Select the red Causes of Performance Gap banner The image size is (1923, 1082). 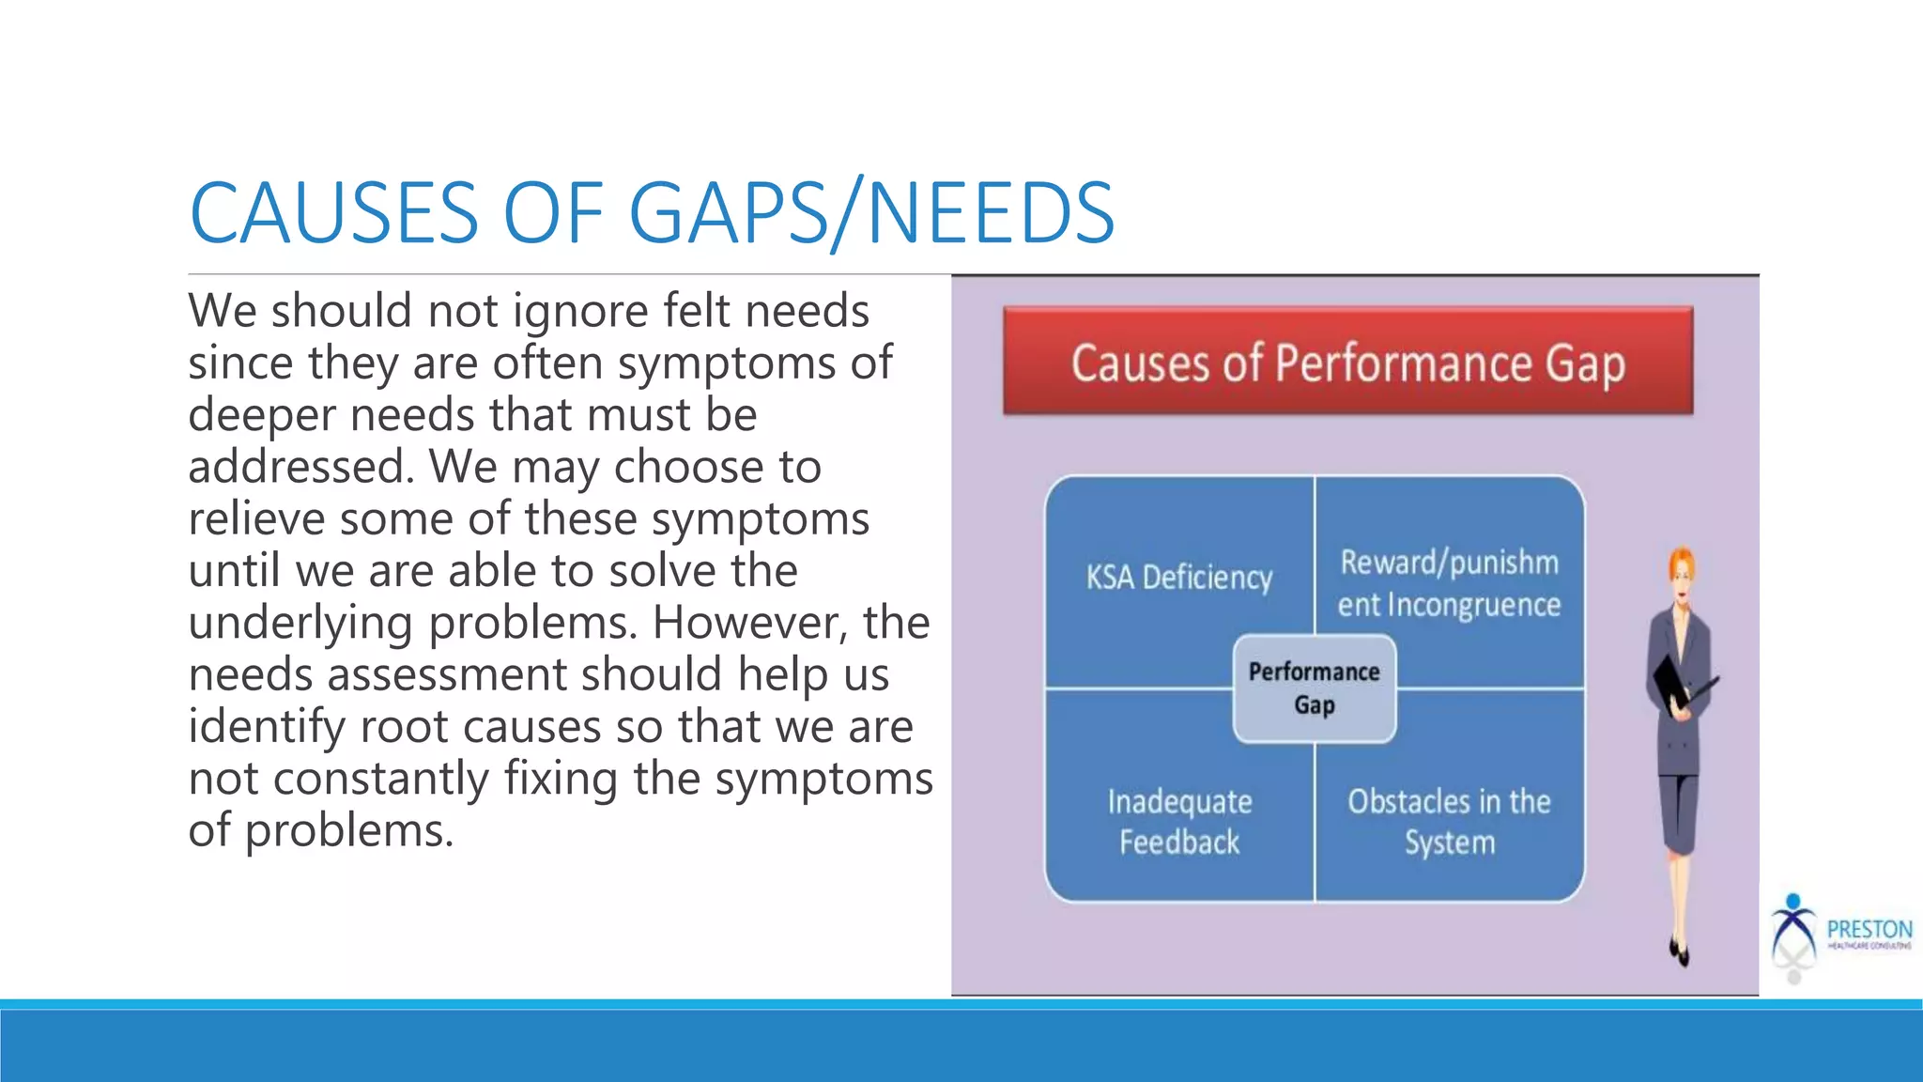1347,362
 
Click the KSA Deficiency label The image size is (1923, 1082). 1179,577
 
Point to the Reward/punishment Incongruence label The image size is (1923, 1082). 1449,583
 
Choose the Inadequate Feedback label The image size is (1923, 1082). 1179,822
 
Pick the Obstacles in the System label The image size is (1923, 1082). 1449,822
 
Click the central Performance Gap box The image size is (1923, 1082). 1314,688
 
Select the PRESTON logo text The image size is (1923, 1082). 1869,929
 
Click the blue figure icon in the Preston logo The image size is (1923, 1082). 1793,925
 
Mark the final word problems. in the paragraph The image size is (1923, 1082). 349,831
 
